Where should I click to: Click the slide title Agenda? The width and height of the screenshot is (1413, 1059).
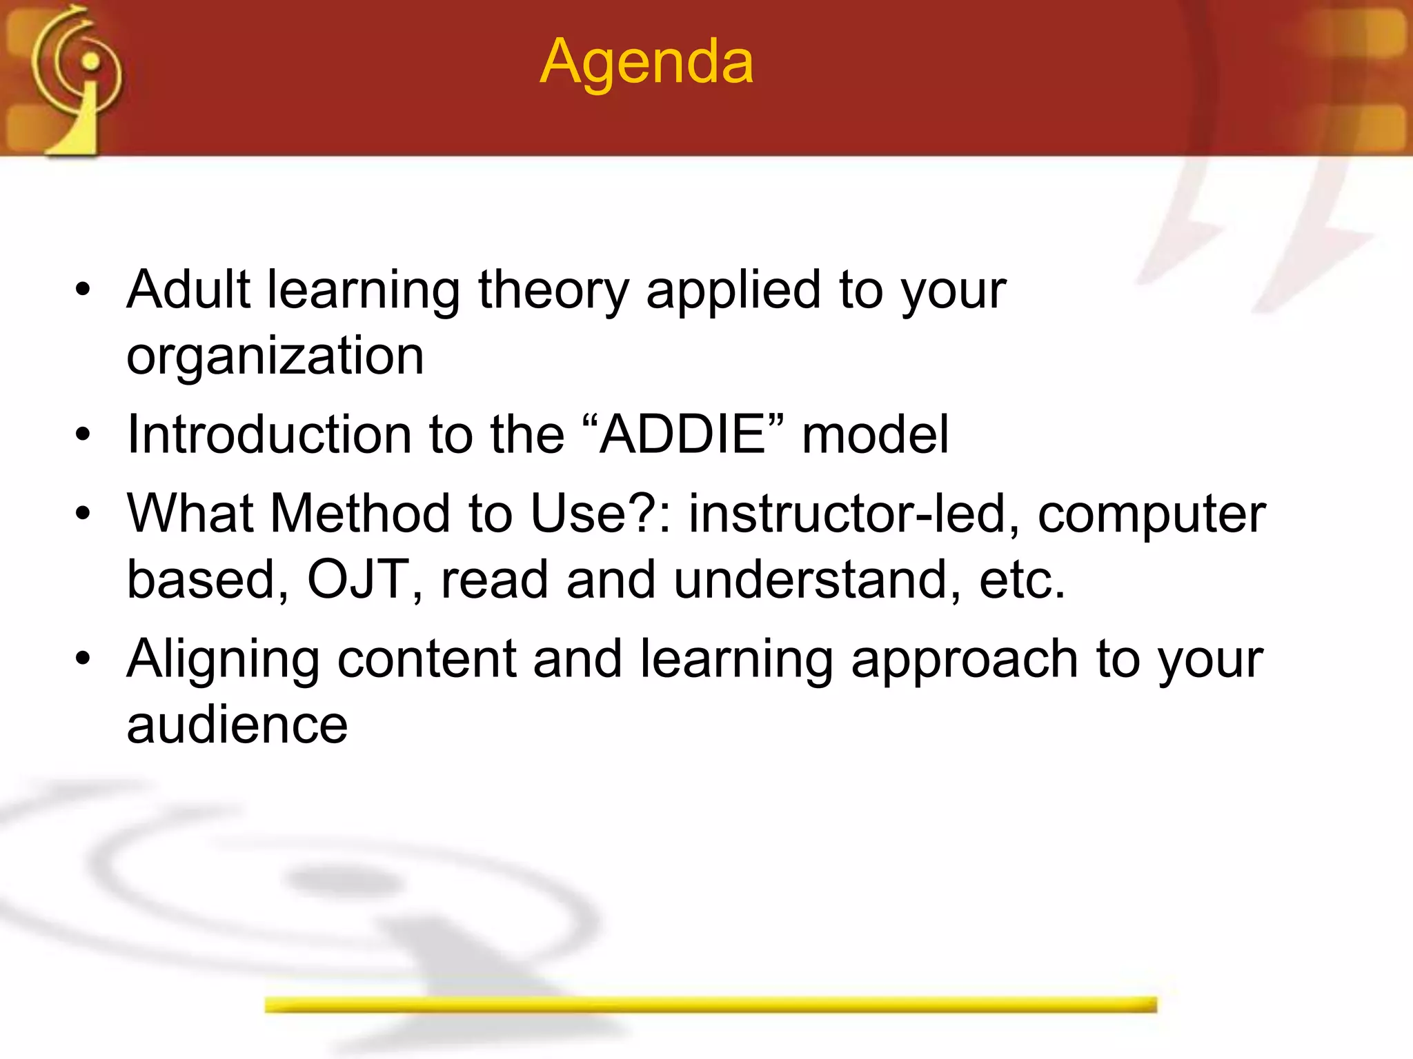646,63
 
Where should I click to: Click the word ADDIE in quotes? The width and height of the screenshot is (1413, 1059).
682,434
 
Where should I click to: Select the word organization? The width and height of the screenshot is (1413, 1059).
275,357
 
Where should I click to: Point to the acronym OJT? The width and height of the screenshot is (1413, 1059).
359,579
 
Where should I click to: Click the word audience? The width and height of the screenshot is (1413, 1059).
237,725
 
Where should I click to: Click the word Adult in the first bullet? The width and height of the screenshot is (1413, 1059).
188,290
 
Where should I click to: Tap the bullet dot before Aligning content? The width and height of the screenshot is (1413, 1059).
83,659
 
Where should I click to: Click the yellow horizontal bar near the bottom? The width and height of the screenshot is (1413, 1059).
711,1005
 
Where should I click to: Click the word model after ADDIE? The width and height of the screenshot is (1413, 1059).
875,434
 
